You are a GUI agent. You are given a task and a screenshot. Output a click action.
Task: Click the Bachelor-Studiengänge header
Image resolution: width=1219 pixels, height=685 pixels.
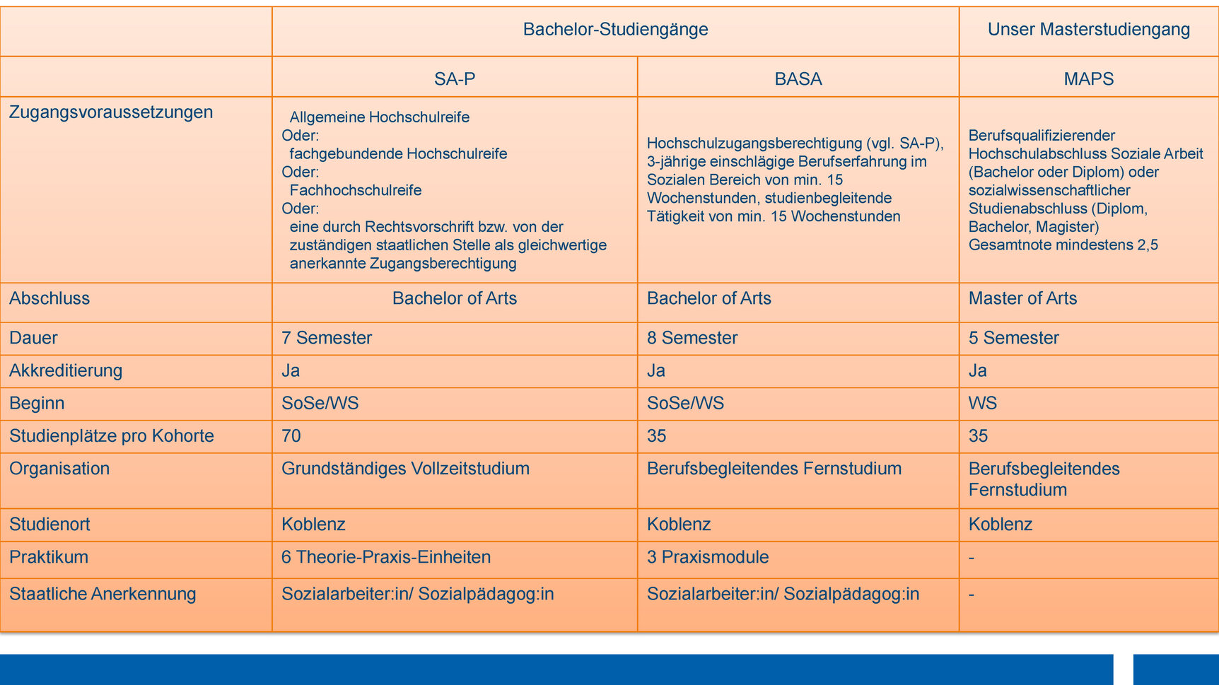[615, 30]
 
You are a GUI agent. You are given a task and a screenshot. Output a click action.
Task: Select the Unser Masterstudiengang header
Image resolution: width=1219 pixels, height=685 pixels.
[1088, 30]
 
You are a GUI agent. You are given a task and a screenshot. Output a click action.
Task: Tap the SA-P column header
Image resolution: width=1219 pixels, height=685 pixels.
[455, 78]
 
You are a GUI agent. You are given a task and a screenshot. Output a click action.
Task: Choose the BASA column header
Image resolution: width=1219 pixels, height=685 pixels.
[798, 78]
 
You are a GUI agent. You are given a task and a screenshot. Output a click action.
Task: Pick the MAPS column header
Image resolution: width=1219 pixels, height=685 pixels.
[1088, 78]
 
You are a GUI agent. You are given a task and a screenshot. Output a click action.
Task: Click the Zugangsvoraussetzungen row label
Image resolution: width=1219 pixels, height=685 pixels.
[111, 112]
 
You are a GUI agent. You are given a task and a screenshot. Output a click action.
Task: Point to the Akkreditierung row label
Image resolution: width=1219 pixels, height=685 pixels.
[66, 370]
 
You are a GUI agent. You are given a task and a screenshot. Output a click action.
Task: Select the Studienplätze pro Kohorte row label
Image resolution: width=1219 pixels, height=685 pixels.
[112, 435]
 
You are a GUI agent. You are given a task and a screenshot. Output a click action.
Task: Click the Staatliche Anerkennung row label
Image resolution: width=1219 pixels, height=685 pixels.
[103, 594]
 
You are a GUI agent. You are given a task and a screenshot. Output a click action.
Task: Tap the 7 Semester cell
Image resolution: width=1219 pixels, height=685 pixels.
[327, 338]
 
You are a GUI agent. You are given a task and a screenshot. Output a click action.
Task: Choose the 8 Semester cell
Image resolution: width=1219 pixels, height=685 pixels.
[692, 338]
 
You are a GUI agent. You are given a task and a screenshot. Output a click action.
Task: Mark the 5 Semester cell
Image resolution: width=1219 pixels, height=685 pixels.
[1013, 338]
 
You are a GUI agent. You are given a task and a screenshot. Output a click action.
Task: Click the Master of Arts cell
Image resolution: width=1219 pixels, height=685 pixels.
[1022, 298]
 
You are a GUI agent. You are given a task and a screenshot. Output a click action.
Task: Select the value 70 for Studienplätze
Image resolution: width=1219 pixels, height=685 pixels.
[291, 435]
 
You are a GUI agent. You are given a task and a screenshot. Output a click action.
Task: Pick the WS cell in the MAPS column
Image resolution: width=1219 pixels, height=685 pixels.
[983, 403]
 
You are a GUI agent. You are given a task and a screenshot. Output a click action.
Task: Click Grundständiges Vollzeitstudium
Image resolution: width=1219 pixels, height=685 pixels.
[405, 469]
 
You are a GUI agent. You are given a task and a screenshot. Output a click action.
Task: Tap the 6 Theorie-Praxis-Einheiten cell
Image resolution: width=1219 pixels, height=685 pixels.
[386, 557]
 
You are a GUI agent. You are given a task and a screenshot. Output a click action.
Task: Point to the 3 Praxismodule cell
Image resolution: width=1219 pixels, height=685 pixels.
[708, 557]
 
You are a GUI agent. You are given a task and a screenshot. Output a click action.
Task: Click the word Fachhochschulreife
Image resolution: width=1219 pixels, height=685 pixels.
[356, 190]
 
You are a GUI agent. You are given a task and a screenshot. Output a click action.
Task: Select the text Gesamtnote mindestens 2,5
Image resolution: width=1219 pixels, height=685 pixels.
[1063, 245]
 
